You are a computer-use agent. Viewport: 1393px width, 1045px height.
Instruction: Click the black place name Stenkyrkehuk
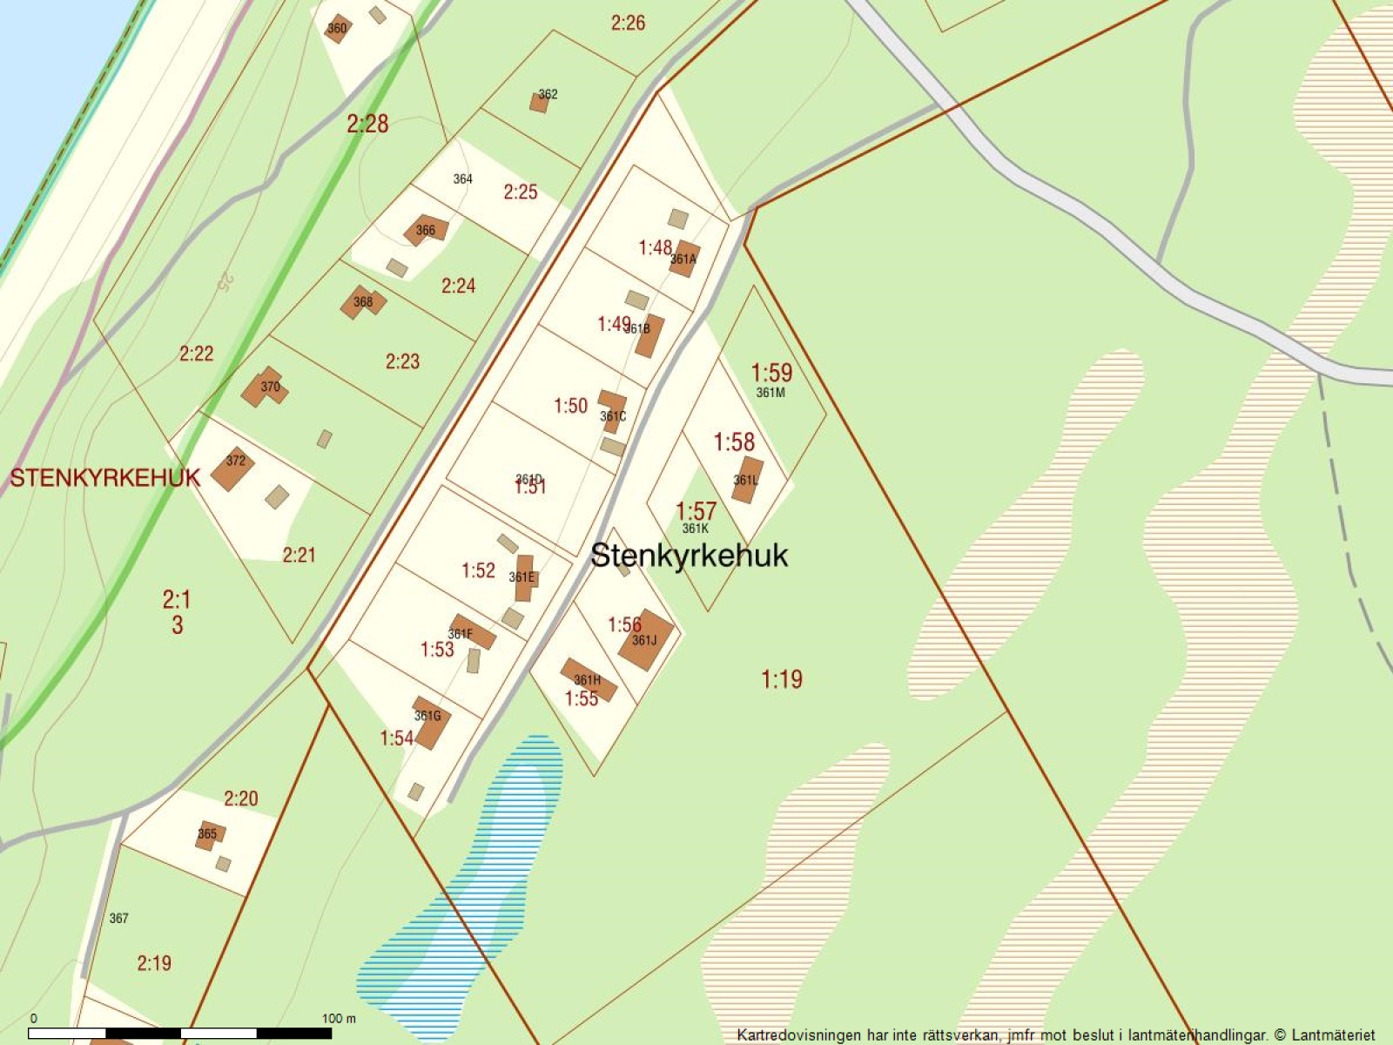pos(689,556)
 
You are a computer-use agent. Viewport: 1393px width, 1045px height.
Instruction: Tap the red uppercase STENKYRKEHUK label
pos(104,477)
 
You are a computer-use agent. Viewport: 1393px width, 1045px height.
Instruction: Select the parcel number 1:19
pos(781,679)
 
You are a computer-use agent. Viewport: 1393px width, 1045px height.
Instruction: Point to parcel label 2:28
pos(367,124)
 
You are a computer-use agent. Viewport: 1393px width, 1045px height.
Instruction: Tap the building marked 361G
pos(429,721)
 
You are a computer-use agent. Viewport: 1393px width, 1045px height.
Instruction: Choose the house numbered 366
pos(426,230)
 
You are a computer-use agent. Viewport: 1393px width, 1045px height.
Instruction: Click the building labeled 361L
pos(746,480)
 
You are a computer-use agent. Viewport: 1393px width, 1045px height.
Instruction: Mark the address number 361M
pos(771,393)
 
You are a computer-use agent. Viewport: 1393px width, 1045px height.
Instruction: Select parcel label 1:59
pos(771,373)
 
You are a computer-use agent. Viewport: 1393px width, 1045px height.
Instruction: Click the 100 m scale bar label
pos(339,1018)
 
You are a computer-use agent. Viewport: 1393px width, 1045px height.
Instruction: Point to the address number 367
pos(119,918)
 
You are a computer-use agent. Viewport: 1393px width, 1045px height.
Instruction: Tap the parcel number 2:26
pos(628,23)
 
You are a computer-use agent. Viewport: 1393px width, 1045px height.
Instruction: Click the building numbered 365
pos(209,835)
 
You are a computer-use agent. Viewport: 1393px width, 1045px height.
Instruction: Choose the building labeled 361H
pos(589,679)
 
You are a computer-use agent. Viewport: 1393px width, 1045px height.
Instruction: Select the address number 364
pos(462,179)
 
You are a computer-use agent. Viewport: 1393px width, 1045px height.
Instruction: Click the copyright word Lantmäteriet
pos(1333,1035)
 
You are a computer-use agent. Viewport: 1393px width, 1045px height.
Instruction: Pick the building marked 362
pos(541,101)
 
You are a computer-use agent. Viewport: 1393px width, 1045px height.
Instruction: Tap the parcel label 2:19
pos(154,963)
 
